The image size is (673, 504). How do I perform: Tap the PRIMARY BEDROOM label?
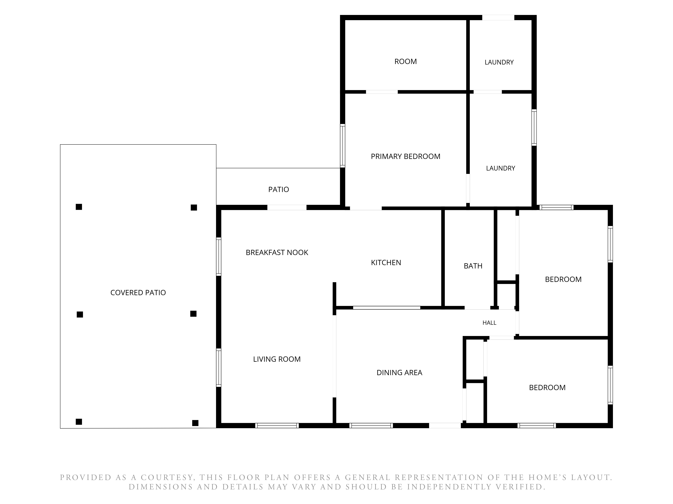click(x=405, y=156)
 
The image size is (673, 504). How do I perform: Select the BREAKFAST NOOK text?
click(x=277, y=253)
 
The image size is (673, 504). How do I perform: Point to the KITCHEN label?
click(x=386, y=262)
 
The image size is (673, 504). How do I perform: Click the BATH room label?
click(x=473, y=266)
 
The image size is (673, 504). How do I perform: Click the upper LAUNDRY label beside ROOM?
click(x=499, y=62)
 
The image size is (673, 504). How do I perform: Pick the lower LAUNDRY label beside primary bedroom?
click(x=501, y=168)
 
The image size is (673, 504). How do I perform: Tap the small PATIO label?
click(x=278, y=190)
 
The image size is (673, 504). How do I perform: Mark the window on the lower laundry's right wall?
click(x=534, y=128)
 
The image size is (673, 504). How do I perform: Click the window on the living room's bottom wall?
click(x=277, y=426)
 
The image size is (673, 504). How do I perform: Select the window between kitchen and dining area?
click(x=386, y=308)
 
